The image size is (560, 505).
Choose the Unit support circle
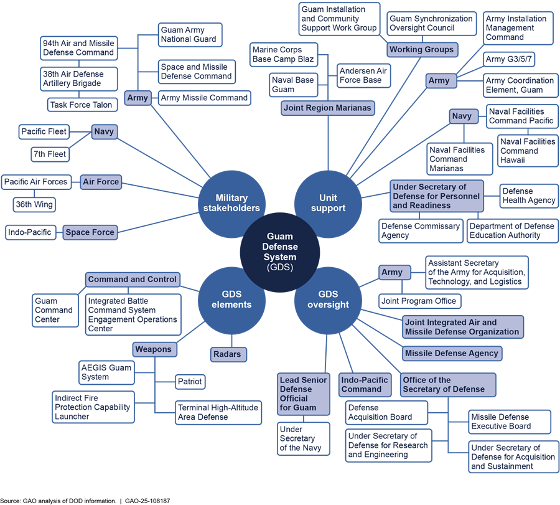tap(328, 203)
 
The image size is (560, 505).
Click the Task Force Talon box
tap(82, 105)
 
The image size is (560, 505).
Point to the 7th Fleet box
tap(50, 154)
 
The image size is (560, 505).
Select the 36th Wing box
tap(35, 204)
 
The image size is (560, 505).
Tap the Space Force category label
tap(90, 232)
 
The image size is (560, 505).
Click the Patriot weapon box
tap(189, 381)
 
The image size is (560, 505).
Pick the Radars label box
tap(227, 354)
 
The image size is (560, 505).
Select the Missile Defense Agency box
tap(451, 353)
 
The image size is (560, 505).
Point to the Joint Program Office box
tap(419, 301)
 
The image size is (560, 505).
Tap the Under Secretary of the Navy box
tap(304, 438)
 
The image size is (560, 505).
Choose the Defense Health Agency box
tap(528, 196)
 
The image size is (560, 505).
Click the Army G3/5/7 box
tap(510, 59)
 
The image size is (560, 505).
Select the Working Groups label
tap(421, 49)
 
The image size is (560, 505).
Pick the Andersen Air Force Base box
tap(363, 76)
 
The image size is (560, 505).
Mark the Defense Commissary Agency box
tap(421, 231)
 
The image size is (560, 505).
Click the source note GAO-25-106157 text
tap(147, 501)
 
